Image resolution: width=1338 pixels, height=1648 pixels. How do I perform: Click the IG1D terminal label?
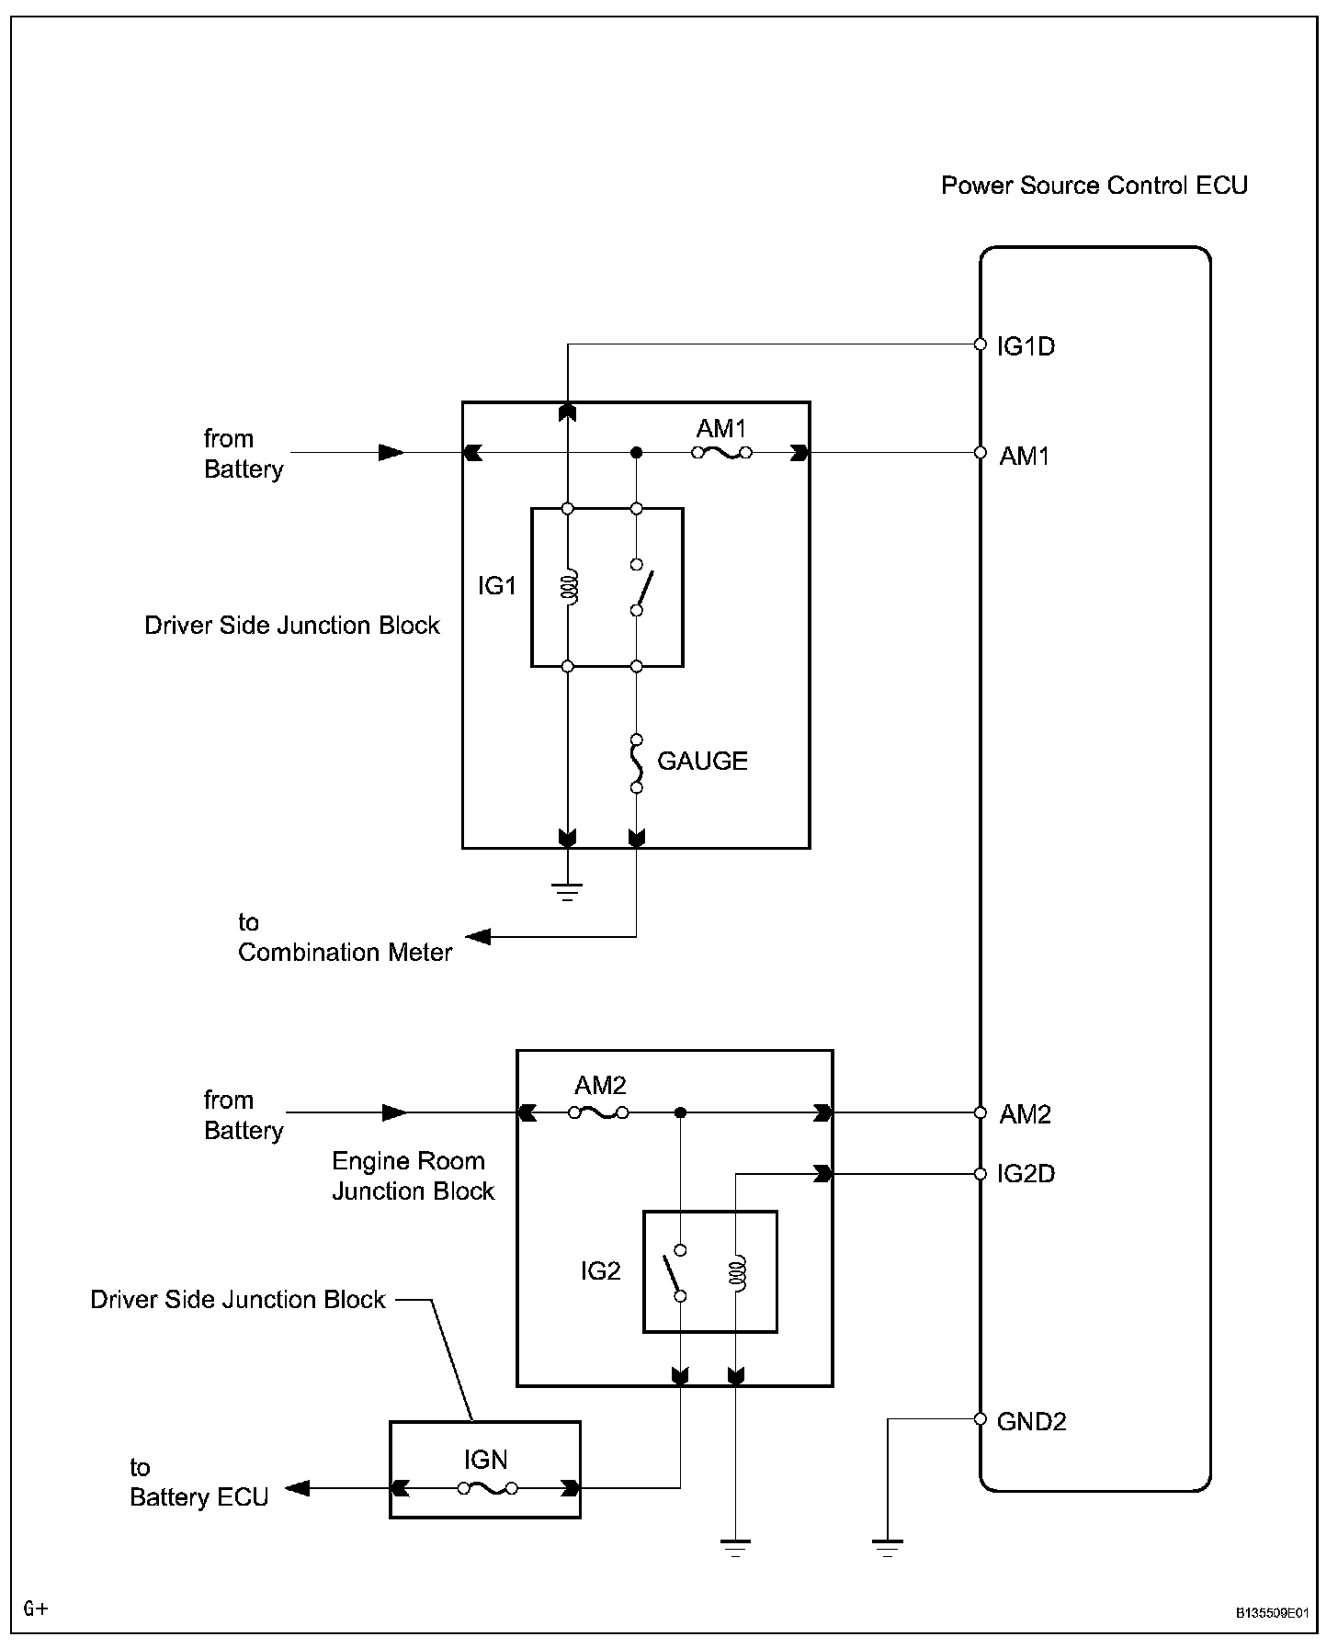(1026, 346)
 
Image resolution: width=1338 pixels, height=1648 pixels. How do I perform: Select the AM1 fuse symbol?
(722, 453)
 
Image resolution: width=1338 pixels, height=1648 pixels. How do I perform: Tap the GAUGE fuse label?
(702, 761)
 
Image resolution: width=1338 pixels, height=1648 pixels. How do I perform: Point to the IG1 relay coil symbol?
(569, 586)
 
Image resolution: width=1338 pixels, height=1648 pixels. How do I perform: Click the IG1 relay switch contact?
(642, 587)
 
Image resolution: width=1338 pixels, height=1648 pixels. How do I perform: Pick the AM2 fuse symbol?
(598, 1112)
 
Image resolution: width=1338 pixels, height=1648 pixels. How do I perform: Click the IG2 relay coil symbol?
(736, 1272)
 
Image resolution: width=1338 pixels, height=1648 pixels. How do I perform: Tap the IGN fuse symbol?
(486, 1488)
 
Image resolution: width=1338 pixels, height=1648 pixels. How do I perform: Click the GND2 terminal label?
(1031, 1422)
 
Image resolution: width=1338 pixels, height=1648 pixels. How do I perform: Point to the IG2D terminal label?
(1026, 1174)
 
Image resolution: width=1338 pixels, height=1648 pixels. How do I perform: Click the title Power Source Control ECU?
(1094, 186)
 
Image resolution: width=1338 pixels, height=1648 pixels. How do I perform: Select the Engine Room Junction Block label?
(413, 1176)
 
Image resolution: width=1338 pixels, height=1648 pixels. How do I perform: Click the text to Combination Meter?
(345, 937)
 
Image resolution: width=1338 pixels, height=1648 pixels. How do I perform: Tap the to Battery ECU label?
(198, 1482)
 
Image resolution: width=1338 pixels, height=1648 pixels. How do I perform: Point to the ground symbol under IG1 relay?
(567, 891)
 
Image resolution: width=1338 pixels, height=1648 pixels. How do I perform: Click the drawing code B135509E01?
(1271, 1612)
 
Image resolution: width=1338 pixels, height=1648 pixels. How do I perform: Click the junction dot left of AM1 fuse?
(636, 453)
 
